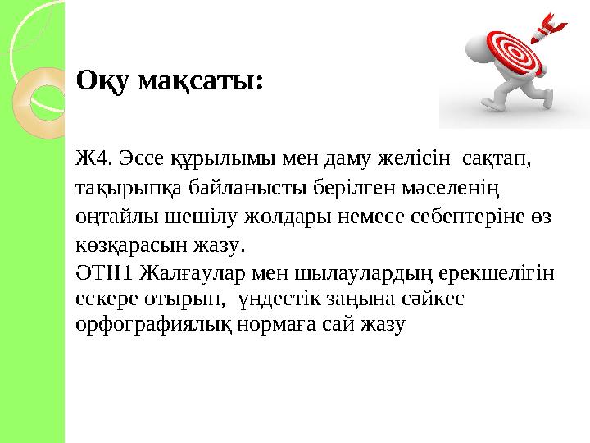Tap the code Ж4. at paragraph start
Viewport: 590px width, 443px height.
click(91, 156)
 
